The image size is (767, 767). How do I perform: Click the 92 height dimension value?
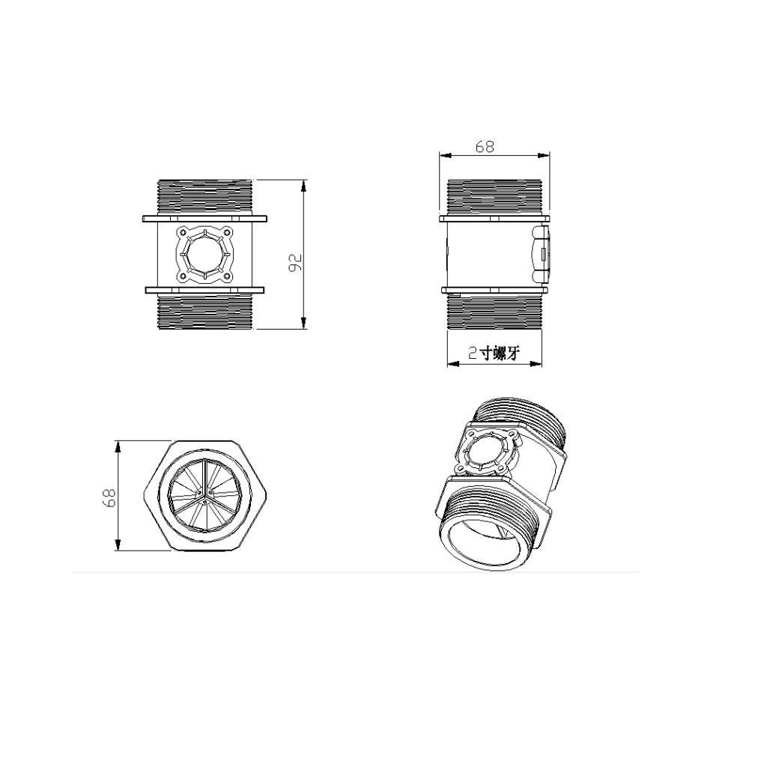297,261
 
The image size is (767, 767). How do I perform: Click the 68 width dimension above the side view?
485,146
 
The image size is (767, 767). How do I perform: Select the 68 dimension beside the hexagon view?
110,497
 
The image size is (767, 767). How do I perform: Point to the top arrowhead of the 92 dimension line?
304,185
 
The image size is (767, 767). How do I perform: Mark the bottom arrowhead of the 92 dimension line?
304,324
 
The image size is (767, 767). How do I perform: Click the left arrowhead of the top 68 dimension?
445,155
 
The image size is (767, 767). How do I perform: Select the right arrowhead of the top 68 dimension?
544,155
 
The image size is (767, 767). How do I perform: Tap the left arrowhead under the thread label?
453,363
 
